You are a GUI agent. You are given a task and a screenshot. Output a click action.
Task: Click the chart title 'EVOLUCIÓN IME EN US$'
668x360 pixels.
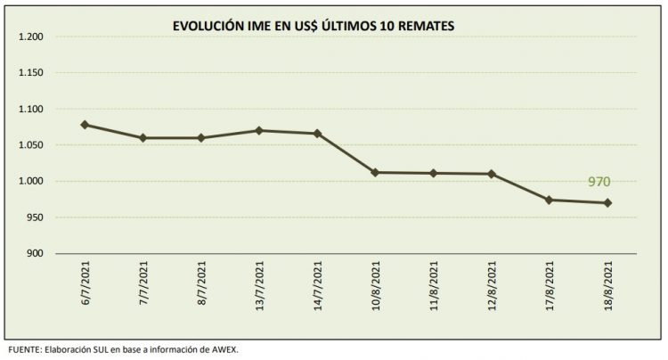314,27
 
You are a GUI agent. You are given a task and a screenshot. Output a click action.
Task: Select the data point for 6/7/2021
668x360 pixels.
85,125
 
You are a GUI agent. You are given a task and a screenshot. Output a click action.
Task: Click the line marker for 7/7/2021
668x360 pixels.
143,138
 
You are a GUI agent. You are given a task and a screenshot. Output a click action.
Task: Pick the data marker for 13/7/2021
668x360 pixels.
259,131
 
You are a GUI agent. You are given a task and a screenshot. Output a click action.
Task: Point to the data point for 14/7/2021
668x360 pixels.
317,134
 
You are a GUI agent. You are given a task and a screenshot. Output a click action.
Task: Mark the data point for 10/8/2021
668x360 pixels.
375,172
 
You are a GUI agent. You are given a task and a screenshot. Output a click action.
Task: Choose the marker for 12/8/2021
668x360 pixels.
492,174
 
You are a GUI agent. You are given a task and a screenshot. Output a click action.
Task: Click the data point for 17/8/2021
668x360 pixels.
550,200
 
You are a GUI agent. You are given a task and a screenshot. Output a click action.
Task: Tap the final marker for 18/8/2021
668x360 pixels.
607,203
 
